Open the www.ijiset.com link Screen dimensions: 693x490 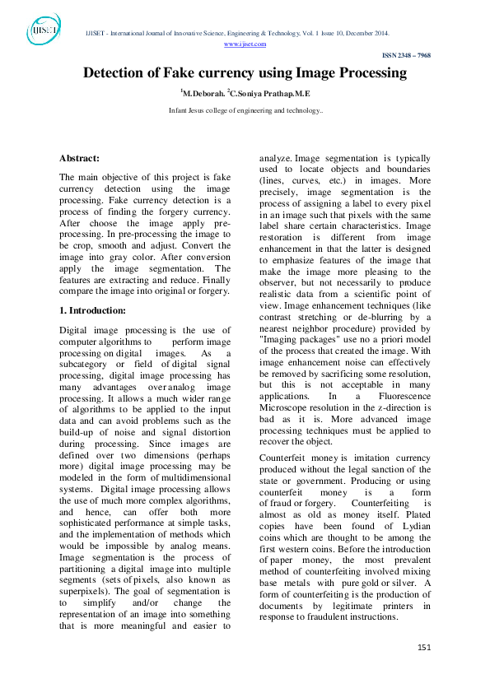[245, 44]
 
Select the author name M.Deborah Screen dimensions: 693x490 [202, 94]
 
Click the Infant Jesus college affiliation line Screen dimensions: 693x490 [245, 109]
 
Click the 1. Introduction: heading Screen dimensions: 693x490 [92, 310]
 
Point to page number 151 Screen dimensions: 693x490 [424, 648]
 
